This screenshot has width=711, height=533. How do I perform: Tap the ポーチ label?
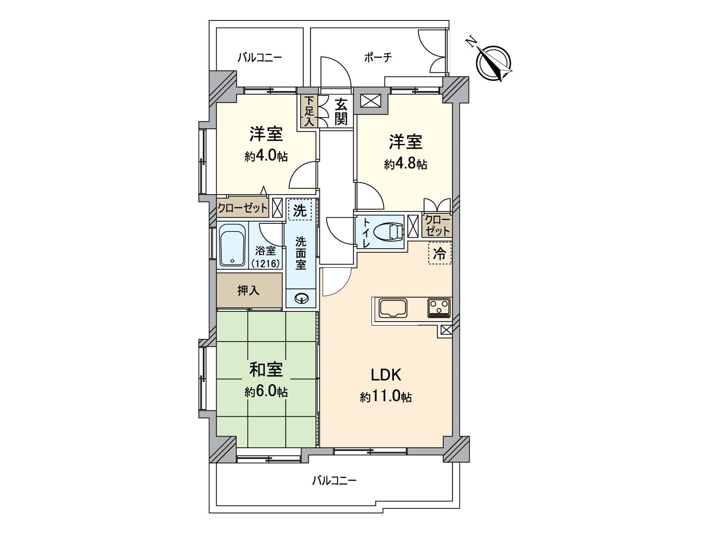point(378,57)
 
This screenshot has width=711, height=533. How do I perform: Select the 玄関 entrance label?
point(341,112)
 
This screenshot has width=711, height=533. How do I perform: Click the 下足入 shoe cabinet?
point(309,112)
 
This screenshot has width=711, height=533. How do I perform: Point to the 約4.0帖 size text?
point(266,156)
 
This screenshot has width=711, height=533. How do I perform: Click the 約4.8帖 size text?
point(405,164)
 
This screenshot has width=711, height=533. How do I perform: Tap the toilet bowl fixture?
point(387,231)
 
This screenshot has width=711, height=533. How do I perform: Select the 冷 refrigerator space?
point(439,254)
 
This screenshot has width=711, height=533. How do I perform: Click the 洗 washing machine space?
point(300,210)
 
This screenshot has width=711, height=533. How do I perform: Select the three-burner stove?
point(439,308)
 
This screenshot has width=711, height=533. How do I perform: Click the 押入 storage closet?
point(249,290)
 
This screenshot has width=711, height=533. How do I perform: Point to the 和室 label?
point(266,370)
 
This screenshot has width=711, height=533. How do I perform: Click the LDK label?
point(386,375)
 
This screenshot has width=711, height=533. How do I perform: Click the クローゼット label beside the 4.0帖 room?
point(243,207)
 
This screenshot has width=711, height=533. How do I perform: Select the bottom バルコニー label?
point(334,480)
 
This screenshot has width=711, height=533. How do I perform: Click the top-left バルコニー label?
point(260,57)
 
